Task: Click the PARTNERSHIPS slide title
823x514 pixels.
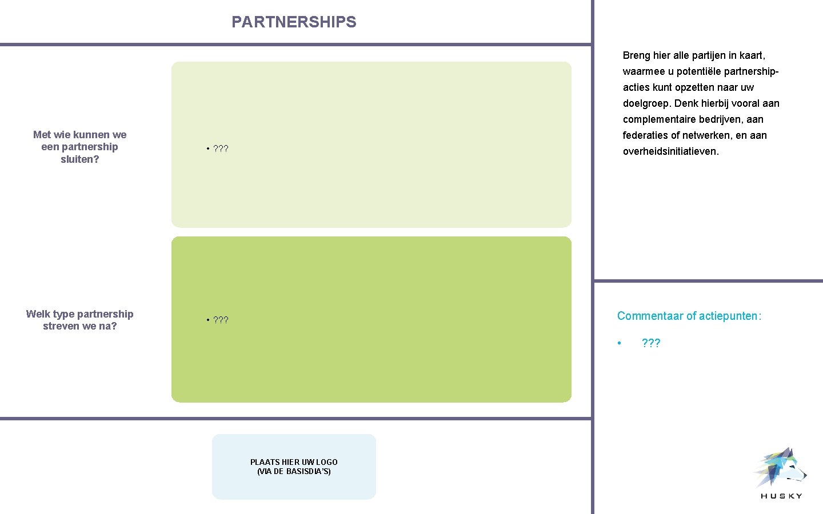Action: click(x=294, y=22)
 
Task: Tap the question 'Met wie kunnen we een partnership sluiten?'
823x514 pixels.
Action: click(x=79, y=147)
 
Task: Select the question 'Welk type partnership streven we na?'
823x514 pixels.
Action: click(x=79, y=320)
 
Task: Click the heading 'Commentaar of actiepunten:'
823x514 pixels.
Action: click(x=689, y=316)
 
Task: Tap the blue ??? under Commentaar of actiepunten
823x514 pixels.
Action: click(x=651, y=343)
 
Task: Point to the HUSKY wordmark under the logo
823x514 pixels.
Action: click(x=781, y=496)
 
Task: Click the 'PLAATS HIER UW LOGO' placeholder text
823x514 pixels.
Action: click(x=294, y=462)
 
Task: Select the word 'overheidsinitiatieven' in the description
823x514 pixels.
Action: click(x=670, y=151)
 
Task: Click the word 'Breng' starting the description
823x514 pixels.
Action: click(x=636, y=55)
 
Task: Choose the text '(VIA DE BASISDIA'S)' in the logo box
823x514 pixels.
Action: click(x=294, y=472)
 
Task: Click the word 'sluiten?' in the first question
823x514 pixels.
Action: click(x=79, y=159)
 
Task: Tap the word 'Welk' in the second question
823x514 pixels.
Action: click(x=38, y=314)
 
